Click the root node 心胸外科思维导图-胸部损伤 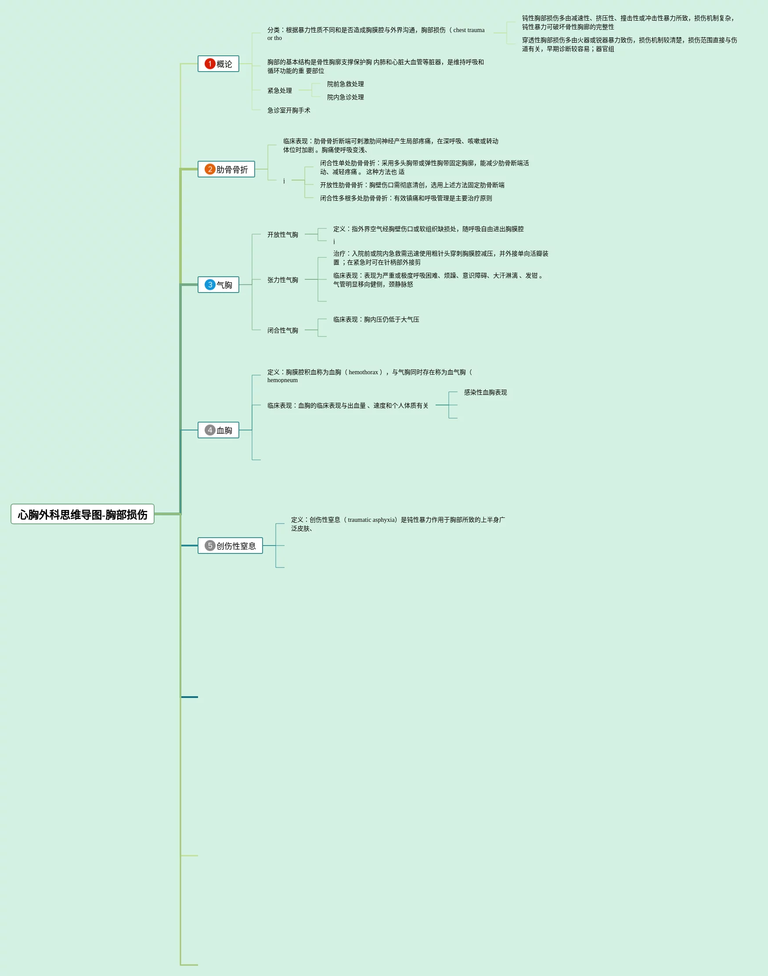point(82,514)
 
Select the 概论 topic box point(219,64)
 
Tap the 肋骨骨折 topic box point(226,169)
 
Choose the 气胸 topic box point(219,285)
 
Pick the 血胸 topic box point(219,430)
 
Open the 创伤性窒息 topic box point(230,546)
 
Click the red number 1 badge point(209,64)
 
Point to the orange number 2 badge point(209,169)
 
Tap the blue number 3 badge point(209,285)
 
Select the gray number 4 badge point(209,430)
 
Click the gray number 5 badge point(209,546)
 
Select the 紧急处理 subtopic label point(280,90)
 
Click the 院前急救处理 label point(345,84)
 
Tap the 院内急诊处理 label point(345,97)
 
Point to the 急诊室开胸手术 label point(288,110)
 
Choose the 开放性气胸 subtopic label point(282,234)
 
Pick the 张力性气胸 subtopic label point(282,280)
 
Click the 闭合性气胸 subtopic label point(282,330)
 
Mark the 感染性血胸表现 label point(485,392)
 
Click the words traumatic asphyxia point(371,520)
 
